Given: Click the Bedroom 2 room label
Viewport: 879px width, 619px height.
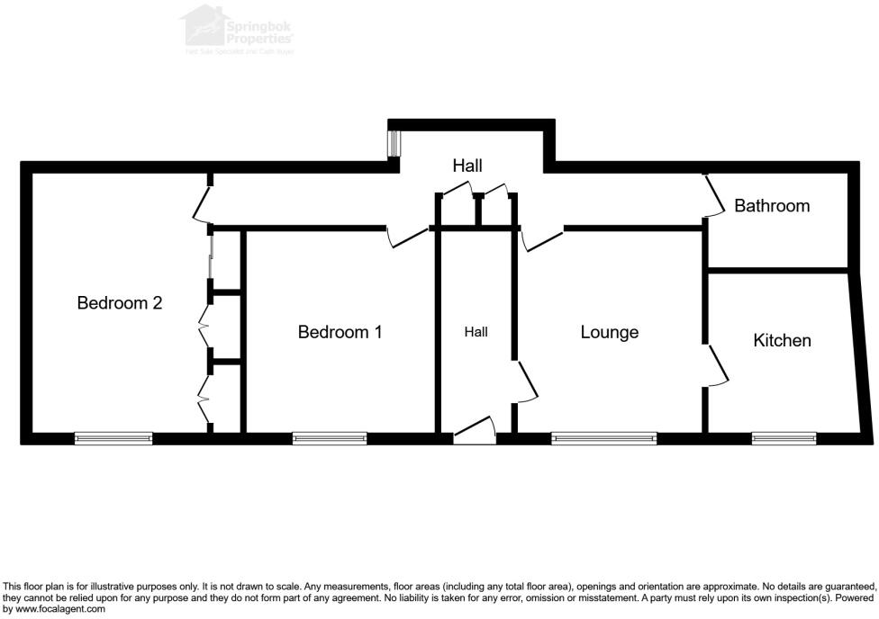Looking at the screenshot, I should point(119,303).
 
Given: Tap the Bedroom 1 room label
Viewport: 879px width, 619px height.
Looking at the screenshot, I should point(340,332).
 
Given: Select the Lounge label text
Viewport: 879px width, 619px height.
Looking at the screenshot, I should point(609,332).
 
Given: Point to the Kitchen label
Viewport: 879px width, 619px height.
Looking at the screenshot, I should point(782,340).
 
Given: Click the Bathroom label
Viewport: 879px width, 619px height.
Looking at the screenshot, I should point(772,206).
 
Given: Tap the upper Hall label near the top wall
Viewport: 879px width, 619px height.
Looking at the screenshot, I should point(467,166).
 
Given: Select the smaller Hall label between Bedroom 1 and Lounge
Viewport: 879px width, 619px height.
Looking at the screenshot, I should point(476,332).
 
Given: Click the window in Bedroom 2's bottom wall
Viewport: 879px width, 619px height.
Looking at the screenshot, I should point(113,439).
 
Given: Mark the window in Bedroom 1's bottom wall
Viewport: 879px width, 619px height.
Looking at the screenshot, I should point(330,439).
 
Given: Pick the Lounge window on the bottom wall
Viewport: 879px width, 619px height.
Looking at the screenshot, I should point(604,439).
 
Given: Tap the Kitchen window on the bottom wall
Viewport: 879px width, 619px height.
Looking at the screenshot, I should point(784,439).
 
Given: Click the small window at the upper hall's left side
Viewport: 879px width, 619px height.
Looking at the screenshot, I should point(394,144).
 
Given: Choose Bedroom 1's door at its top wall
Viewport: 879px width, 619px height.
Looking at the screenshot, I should point(407,237).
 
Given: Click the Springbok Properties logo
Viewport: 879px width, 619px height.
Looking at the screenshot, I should point(239,30).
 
